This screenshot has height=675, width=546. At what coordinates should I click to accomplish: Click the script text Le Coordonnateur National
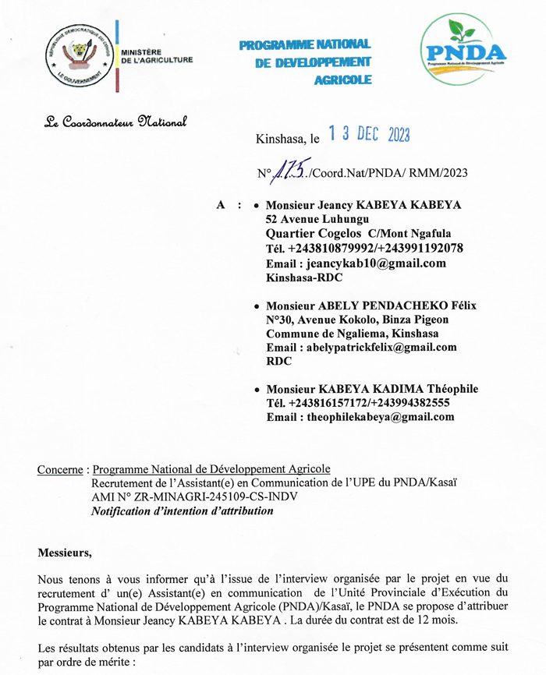pyautogui.click(x=115, y=122)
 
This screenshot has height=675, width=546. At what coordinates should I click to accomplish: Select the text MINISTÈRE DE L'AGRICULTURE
pyautogui.click(x=156, y=55)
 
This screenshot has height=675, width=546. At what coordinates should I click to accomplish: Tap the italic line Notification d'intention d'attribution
pyautogui.click(x=183, y=511)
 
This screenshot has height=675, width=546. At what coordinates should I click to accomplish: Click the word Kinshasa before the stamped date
pyautogui.click(x=282, y=140)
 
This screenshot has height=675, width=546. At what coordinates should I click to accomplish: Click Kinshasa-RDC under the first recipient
pyautogui.click(x=303, y=277)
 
